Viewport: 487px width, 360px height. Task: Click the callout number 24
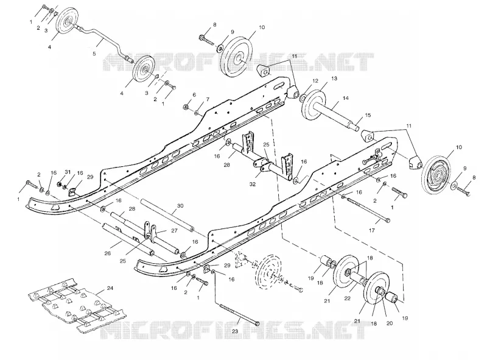(110, 288)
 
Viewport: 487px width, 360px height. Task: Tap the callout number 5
(94, 54)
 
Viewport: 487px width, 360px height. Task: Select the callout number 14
(346, 98)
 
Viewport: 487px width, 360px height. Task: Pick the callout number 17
(372, 230)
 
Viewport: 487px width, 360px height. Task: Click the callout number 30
(180, 206)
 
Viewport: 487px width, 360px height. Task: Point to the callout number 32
(253, 184)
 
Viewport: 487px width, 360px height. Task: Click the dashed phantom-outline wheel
(268, 267)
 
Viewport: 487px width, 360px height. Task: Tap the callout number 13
(334, 79)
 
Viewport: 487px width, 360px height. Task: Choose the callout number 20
(390, 323)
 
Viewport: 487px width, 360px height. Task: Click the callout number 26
(108, 253)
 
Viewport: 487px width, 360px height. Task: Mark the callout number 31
(68, 172)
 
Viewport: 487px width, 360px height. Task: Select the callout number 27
(173, 231)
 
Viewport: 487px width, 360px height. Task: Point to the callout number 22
(347, 298)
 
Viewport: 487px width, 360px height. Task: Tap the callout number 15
(368, 115)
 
